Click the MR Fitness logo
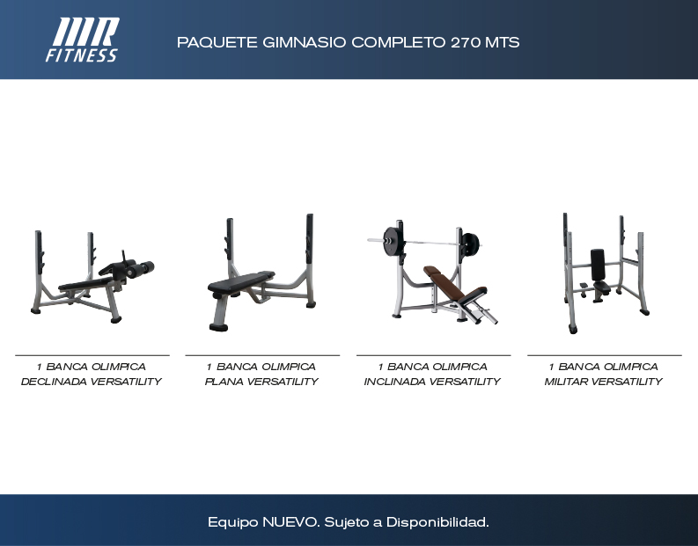tap(83, 40)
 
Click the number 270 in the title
tap(466, 43)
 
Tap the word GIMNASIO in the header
tap(304, 43)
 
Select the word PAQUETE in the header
tap(217, 43)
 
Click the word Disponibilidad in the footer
tap(437, 522)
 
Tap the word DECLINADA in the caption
tap(54, 382)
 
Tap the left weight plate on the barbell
tap(392, 242)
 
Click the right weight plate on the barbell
tap(470, 244)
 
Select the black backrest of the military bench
tap(598, 265)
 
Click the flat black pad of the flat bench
tap(241, 282)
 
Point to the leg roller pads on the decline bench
tap(139, 269)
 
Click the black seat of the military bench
tap(601, 286)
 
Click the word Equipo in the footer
tap(233, 523)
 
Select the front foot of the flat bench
tap(218, 327)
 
